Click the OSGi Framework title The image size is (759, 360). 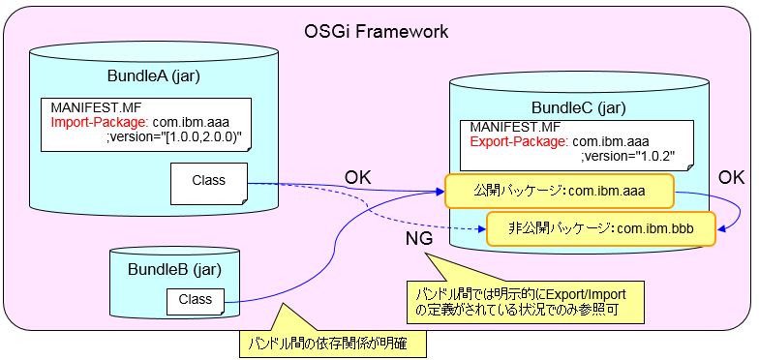point(377,31)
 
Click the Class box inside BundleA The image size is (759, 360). point(208,180)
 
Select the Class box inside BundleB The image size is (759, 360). point(196,300)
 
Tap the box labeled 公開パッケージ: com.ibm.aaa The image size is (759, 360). point(559,191)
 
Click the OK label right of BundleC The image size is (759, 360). point(732,177)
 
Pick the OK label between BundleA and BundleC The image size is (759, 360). point(358,178)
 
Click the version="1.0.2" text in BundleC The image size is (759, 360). point(617,157)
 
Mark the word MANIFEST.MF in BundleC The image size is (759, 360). point(515,127)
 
